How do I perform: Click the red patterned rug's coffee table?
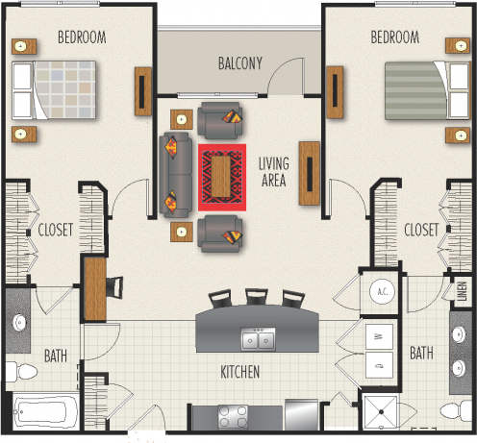[223, 176]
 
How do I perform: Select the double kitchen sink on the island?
[256, 339]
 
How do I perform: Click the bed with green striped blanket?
[416, 88]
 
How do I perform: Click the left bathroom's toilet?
[18, 369]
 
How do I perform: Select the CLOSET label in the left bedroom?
[57, 230]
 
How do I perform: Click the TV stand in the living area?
[310, 173]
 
